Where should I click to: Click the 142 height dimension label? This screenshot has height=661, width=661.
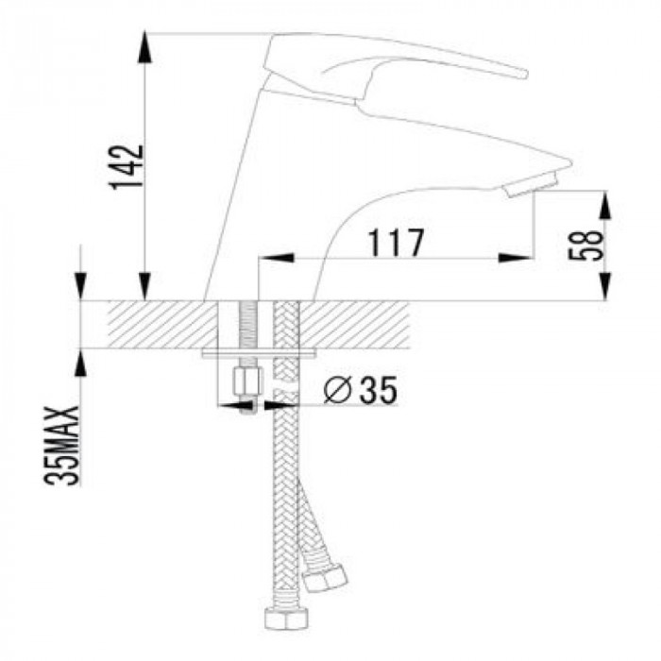[127, 167]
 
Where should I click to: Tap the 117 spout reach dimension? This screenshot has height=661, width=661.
[396, 244]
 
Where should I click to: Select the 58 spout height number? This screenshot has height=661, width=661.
[586, 246]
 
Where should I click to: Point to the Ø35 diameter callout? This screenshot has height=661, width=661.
[361, 389]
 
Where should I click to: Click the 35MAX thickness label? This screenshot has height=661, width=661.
[62, 446]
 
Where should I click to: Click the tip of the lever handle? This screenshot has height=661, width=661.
[523, 74]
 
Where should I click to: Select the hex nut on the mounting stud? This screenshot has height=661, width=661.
[247, 381]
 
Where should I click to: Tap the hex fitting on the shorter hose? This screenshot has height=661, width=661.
[326, 577]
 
